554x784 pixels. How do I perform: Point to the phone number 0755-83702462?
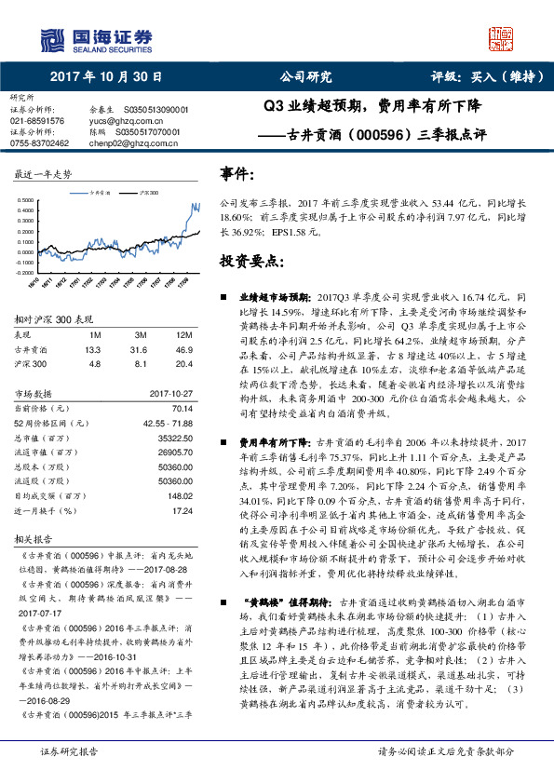40,143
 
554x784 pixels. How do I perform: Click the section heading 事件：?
236,174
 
